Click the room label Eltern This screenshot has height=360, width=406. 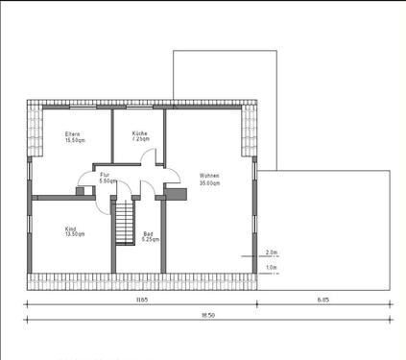[72, 133]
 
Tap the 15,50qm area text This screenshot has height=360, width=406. [75, 140]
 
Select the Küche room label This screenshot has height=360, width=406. [140, 133]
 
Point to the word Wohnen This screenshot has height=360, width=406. [209, 176]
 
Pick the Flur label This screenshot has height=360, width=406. [105, 175]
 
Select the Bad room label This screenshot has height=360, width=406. [148, 233]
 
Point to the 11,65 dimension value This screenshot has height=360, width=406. [141, 300]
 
